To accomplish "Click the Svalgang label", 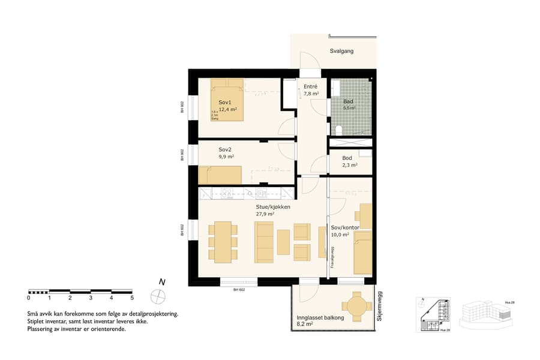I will click(x=341, y=51).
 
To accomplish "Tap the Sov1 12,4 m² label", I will click(x=227, y=106).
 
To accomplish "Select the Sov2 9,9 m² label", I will click(x=226, y=152).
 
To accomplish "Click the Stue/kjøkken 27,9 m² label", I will click(x=273, y=210).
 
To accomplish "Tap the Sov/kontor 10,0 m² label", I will click(x=344, y=231).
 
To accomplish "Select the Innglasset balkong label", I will click(x=320, y=318).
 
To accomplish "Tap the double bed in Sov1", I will click(x=227, y=99).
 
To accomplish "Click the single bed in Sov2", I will click(x=220, y=175).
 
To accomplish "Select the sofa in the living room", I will click(x=263, y=241).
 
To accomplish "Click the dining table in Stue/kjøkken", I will click(x=223, y=240).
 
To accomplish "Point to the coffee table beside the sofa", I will click(x=283, y=241).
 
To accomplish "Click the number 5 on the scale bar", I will click(x=131, y=298).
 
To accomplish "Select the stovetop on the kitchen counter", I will click(x=227, y=193).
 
